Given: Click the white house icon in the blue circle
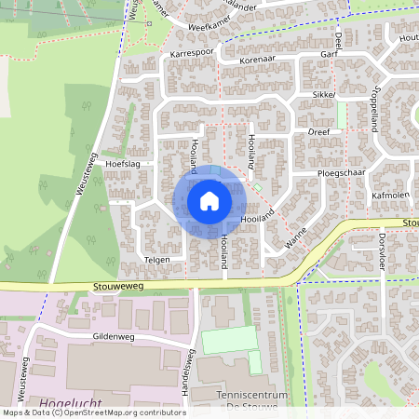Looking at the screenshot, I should tap(209, 201).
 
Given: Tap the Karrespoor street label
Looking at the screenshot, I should tap(193, 54).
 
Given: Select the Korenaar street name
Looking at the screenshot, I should tap(258, 60).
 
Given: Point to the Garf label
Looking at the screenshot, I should tap(328, 55).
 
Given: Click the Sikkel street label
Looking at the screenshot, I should tap(323, 95).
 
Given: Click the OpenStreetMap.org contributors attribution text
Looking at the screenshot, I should tap(126, 412).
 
